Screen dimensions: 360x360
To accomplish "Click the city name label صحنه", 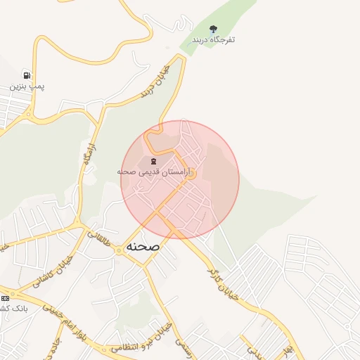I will tap(143, 247).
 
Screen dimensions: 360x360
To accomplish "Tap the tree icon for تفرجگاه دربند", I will tap(214, 29).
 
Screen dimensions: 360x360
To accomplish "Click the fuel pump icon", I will tap(27, 75).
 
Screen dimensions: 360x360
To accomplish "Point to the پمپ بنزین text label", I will tap(27, 86).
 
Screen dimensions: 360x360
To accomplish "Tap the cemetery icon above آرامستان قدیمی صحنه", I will tap(153, 161).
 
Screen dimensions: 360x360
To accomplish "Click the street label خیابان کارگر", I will tap(224, 284).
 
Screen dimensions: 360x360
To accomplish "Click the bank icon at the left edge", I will tap(5, 298).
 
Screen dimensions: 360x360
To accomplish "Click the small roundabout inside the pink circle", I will tap(190, 174).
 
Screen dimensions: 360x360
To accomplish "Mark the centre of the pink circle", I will tap(180, 180).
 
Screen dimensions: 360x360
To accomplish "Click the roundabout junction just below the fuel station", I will tap(29, 113).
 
